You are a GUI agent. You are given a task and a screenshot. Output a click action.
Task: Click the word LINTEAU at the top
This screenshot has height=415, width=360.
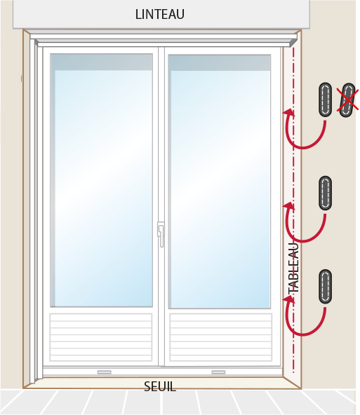pyautogui.click(x=160, y=14)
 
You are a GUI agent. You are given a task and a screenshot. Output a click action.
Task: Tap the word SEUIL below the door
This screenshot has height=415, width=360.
pyautogui.click(x=160, y=387)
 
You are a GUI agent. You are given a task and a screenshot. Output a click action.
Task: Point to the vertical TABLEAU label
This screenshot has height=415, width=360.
pyautogui.click(x=294, y=268)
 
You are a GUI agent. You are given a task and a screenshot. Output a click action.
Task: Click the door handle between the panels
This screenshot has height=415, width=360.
pyautogui.click(x=161, y=234)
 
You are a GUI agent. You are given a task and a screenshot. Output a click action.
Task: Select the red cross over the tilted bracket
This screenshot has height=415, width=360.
pyautogui.click(x=347, y=100)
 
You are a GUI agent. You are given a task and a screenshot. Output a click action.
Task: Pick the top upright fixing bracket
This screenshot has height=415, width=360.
pyautogui.click(x=326, y=100)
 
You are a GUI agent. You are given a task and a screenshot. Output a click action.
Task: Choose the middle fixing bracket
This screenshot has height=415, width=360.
pyautogui.click(x=326, y=193)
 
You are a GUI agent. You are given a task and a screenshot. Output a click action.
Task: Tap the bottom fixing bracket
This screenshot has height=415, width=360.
pyautogui.click(x=326, y=287)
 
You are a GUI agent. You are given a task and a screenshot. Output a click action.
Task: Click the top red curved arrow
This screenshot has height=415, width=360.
pyautogui.click(x=302, y=147)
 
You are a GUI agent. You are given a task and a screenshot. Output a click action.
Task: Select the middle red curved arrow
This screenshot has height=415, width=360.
pyautogui.click(x=302, y=240)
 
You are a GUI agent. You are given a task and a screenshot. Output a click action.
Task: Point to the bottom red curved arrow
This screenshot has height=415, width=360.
pyautogui.click(x=302, y=334)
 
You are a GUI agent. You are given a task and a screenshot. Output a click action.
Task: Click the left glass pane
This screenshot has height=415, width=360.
pyautogui.click(x=102, y=180)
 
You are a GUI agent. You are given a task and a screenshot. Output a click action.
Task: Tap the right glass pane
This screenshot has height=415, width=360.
pyautogui.click(x=220, y=182)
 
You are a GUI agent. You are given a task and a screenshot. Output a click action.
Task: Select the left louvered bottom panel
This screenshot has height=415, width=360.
pyautogui.click(x=101, y=337)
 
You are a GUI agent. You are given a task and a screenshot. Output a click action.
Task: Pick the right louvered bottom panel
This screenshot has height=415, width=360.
pyautogui.click(x=221, y=337)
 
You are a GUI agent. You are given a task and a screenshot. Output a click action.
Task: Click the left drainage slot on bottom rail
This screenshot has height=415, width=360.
pyautogui.click(x=105, y=372)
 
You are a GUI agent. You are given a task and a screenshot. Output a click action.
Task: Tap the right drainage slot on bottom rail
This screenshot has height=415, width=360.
pyautogui.click(x=218, y=372)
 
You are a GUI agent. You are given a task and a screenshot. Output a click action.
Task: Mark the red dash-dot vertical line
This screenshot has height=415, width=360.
pyautogui.click(x=293, y=210)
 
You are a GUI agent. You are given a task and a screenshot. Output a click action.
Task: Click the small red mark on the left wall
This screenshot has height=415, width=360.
pyautogui.click(x=22, y=79)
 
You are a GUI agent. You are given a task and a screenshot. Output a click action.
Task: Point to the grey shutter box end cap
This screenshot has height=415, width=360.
pyautogui.click(x=293, y=43)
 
